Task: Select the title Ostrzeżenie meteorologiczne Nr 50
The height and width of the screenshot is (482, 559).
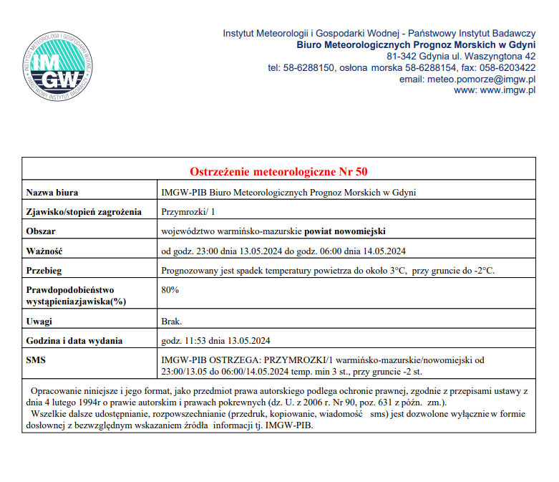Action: pyautogui.click(x=278, y=172)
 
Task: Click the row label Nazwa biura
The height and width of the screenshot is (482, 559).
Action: pyautogui.click(x=52, y=192)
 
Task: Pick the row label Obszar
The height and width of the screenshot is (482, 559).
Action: pyautogui.click(x=41, y=231)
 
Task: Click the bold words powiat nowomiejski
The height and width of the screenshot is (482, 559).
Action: pyautogui.click(x=346, y=231)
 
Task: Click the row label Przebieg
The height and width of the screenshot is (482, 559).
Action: pyautogui.click(x=44, y=270)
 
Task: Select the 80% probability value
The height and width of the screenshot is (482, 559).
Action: pyautogui.click(x=170, y=290)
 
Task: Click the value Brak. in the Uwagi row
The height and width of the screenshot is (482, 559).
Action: pyautogui.click(x=172, y=322)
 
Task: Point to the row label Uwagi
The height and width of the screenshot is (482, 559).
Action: pyautogui.click(x=39, y=322)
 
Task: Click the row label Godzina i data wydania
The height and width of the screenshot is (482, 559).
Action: pyautogui.click(x=74, y=340)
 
